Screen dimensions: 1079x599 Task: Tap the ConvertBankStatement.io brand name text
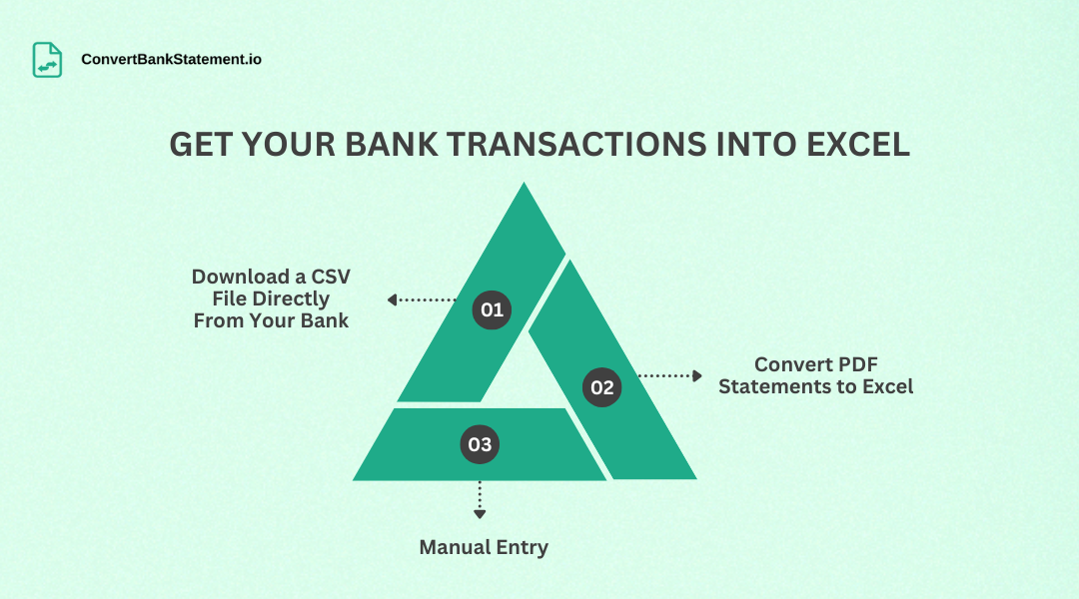click(x=171, y=60)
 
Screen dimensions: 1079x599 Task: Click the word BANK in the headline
click(x=393, y=145)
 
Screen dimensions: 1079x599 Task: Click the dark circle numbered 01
click(x=492, y=309)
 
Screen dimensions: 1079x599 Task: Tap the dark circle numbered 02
click(x=601, y=387)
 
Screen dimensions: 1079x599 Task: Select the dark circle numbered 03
click(x=480, y=444)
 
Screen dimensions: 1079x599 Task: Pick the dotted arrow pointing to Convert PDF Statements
click(x=670, y=375)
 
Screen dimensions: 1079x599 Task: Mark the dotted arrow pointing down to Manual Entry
click(x=480, y=499)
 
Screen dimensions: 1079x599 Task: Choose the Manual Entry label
click(x=484, y=547)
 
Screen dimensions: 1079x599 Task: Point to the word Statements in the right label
click(x=768, y=386)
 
